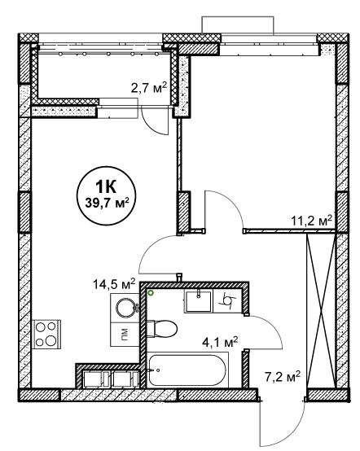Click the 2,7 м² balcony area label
149,87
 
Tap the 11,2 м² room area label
312,221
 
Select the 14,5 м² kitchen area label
114,284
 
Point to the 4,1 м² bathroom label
219,343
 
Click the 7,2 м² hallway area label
283,376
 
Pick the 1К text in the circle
106,187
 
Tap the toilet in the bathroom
162,328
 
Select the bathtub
187,370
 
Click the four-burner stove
46,335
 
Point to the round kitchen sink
125,308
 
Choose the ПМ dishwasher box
125,335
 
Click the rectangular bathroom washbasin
199,301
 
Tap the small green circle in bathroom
150,293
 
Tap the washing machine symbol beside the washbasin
227,301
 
